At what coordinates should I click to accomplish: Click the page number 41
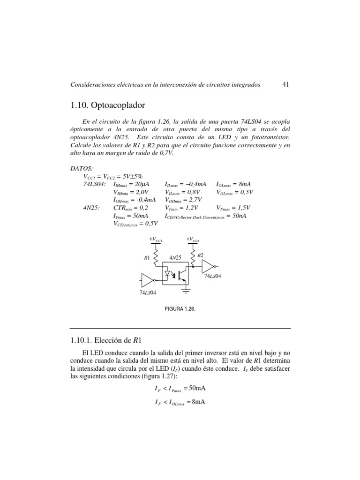coord(286,84)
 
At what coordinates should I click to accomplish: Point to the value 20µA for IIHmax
coord(149,184)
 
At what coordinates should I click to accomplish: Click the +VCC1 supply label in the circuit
coord(156,240)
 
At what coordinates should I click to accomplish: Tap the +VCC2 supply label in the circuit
coord(193,240)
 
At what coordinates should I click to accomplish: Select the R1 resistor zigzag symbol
coord(156,257)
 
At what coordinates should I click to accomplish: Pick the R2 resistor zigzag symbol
coord(193,256)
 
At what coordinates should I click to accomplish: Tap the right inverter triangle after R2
coord(208,266)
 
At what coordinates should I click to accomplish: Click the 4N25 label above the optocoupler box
coord(175,258)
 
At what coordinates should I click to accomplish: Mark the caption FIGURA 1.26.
coord(180,309)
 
